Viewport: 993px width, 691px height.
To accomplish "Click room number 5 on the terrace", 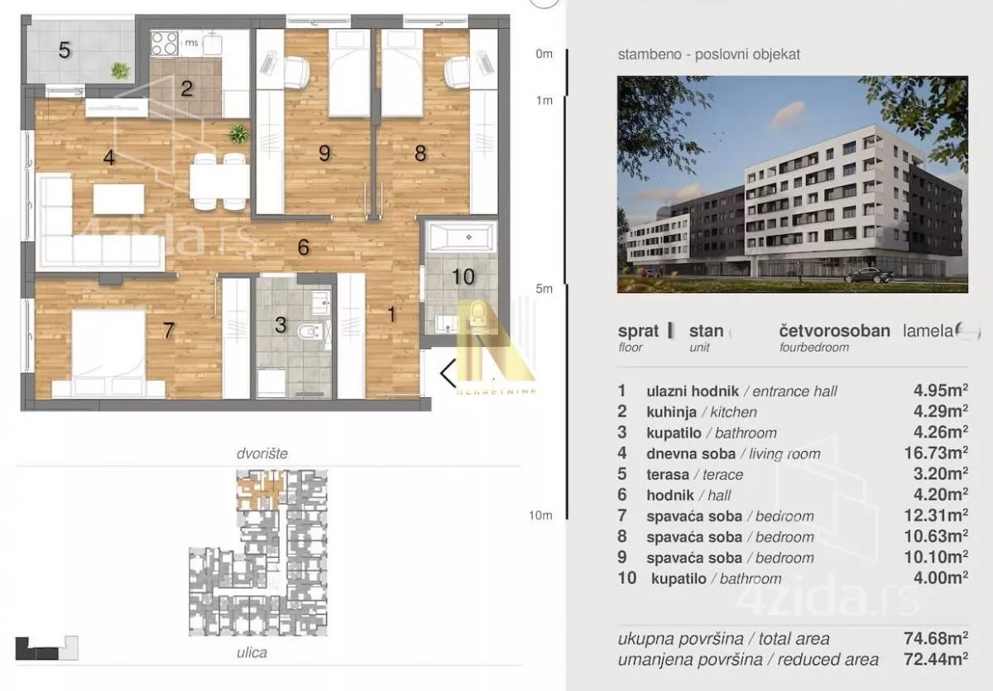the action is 65,50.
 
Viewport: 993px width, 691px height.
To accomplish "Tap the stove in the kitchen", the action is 164,43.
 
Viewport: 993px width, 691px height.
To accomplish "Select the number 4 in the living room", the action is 109,157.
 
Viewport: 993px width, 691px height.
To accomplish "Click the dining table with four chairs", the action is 220,181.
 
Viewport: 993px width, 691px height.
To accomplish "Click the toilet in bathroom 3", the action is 308,331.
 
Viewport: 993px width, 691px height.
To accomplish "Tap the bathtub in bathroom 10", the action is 461,238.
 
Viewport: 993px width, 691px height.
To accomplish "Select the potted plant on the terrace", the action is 120,70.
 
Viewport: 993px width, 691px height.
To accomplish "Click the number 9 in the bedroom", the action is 324,153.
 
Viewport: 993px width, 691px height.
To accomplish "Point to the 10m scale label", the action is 540,515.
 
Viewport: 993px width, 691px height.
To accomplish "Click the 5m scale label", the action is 544,289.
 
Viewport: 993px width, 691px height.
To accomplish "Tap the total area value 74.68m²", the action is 936,638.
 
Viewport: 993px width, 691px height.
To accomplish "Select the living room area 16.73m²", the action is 936,453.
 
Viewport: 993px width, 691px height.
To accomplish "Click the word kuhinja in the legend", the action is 672,412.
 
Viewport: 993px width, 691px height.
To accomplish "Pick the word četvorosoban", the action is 835,331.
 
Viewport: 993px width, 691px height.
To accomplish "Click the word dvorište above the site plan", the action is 262,453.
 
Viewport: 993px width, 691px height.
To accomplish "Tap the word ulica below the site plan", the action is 252,652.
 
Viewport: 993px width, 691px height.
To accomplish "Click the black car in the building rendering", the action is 869,276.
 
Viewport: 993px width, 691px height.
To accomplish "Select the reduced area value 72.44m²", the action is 936,659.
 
